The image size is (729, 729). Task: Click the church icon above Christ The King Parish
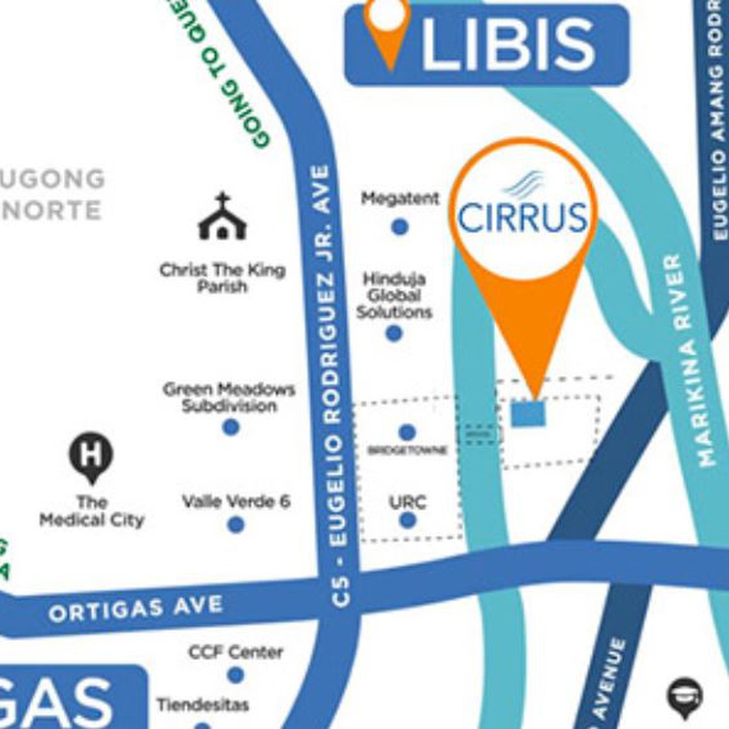point(222,217)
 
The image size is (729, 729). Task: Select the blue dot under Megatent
point(399,227)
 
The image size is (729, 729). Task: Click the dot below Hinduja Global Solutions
point(394,333)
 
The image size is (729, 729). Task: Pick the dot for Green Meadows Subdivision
point(230,427)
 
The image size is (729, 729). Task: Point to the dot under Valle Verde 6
point(236,524)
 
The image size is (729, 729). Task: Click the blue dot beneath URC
point(408,521)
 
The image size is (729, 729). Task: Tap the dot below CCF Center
point(236,675)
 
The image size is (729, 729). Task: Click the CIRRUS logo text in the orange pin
point(522,217)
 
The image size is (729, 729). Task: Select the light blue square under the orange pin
point(528,413)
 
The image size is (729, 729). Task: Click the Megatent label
point(400,198)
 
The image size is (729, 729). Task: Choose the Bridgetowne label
point(408,451)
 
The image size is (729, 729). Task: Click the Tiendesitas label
point(203,705)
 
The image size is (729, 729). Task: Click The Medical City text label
point(92,512)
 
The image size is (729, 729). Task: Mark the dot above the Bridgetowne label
point(408,433)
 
